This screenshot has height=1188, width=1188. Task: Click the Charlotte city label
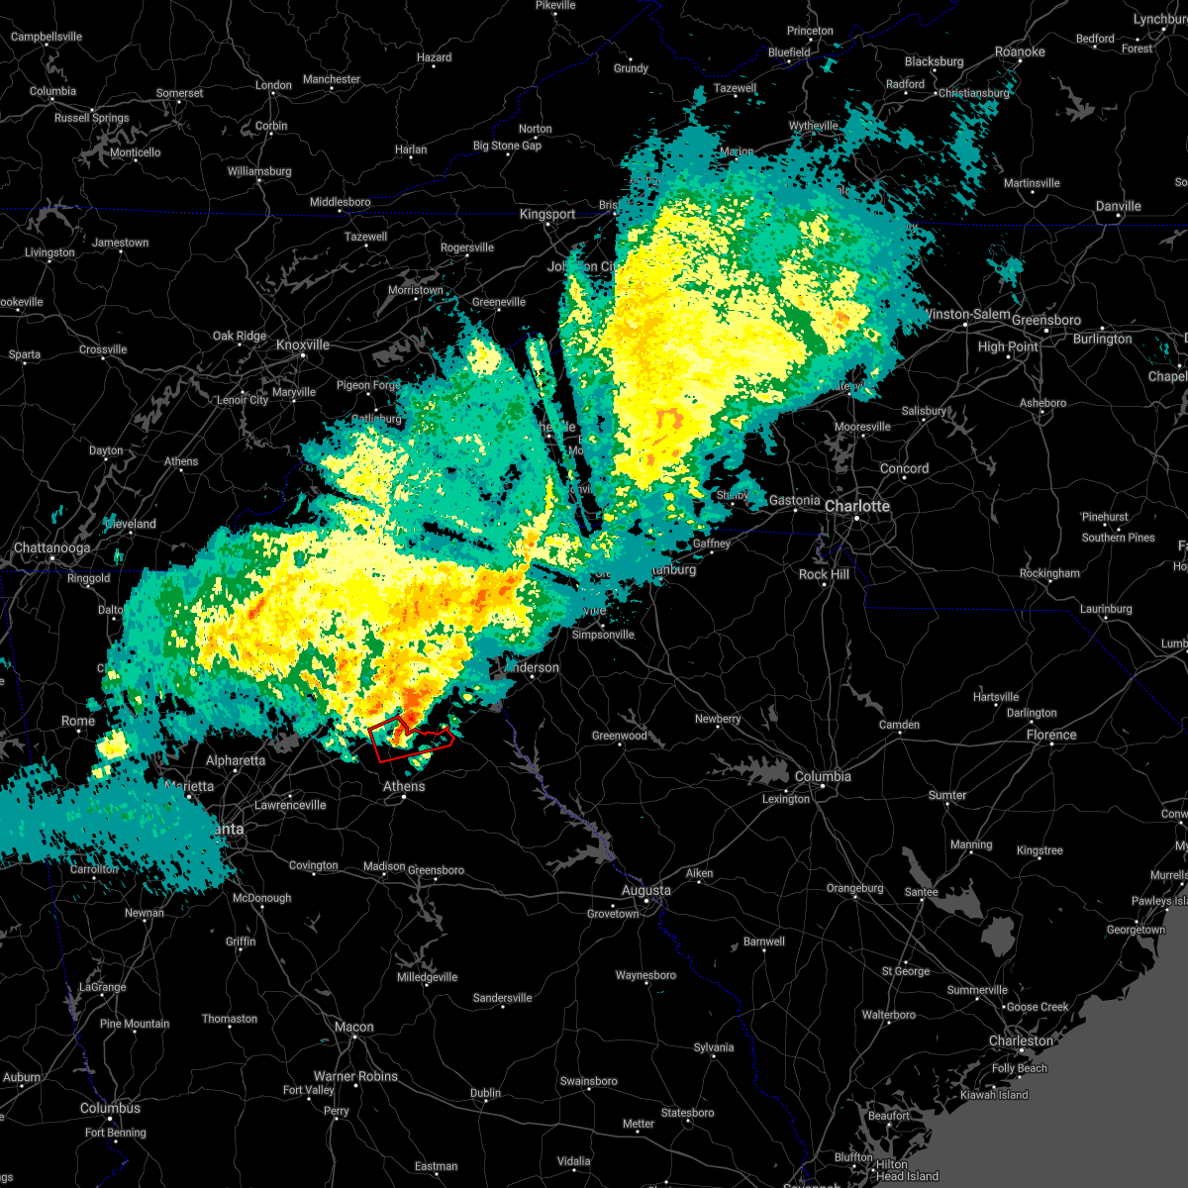tap(857, 506)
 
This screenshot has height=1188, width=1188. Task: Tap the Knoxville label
tap(303, 345)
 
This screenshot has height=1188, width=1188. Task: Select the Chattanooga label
tap(51, 547)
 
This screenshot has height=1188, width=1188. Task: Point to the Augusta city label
tap(645, 890)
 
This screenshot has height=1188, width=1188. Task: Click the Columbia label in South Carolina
tap(823, 776)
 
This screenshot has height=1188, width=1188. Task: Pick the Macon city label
tap(353, 1027)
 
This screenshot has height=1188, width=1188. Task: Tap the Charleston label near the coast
tap(1021, 1040)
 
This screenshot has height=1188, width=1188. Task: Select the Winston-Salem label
tap(965, 314)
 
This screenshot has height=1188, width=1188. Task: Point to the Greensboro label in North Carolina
tap(1046, 320)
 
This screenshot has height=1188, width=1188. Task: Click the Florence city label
tap(1050, 735)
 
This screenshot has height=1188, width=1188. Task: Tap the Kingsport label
tap(547, 214)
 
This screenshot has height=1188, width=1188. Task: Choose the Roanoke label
tap(1020, 51)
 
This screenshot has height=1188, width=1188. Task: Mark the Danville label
tap(1118, 206)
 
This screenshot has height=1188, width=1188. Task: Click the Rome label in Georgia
tap(78, 721)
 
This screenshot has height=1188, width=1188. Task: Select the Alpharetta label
tap(236, 760)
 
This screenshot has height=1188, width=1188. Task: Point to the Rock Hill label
tap(824, 574)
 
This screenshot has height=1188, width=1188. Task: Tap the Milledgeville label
tap(427, 977)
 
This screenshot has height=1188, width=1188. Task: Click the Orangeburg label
tap(854, 888)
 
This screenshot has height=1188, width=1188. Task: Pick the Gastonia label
tap(794, 500)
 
